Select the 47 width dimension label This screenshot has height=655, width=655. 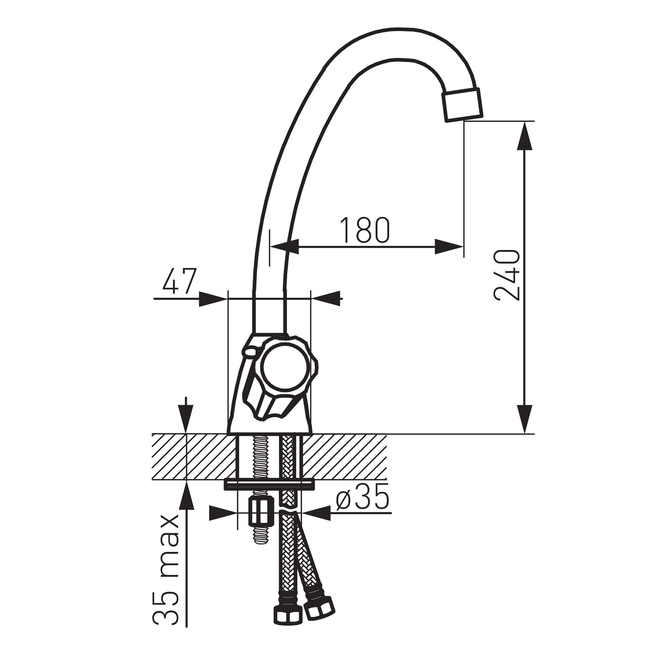pyautogui.click(x=179, y=281)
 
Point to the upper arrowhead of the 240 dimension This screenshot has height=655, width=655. pyautogui.click(x=524, y=136)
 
